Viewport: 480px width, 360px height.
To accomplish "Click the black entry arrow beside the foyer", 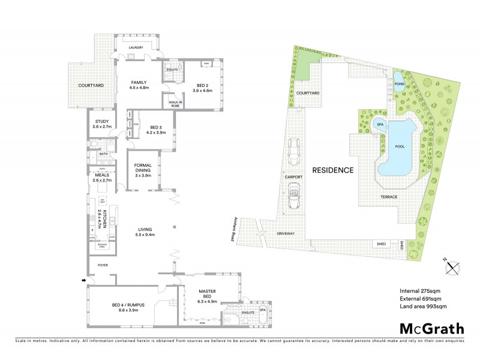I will tap(83, 280).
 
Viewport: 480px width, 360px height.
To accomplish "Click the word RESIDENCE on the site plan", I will tap(332, 170).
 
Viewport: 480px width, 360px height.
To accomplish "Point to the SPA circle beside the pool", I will tap(379, 124).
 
